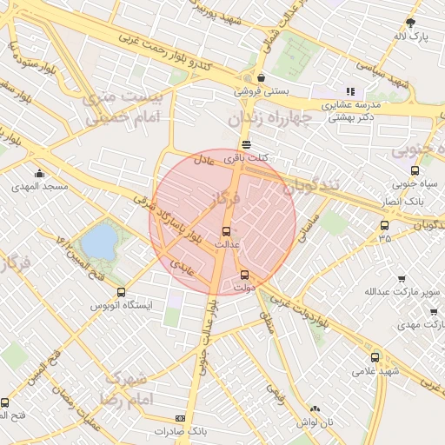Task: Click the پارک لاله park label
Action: (x=412, y=37)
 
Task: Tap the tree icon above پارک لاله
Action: (x=412, y=23)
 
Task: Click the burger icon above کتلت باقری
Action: (x=248, y=145)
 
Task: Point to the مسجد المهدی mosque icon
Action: (x=38, y=173)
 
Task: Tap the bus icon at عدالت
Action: (x=227, y=231)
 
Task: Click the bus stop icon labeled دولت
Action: (x=244, y=276)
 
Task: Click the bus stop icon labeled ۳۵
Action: (x=384, y=225)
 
